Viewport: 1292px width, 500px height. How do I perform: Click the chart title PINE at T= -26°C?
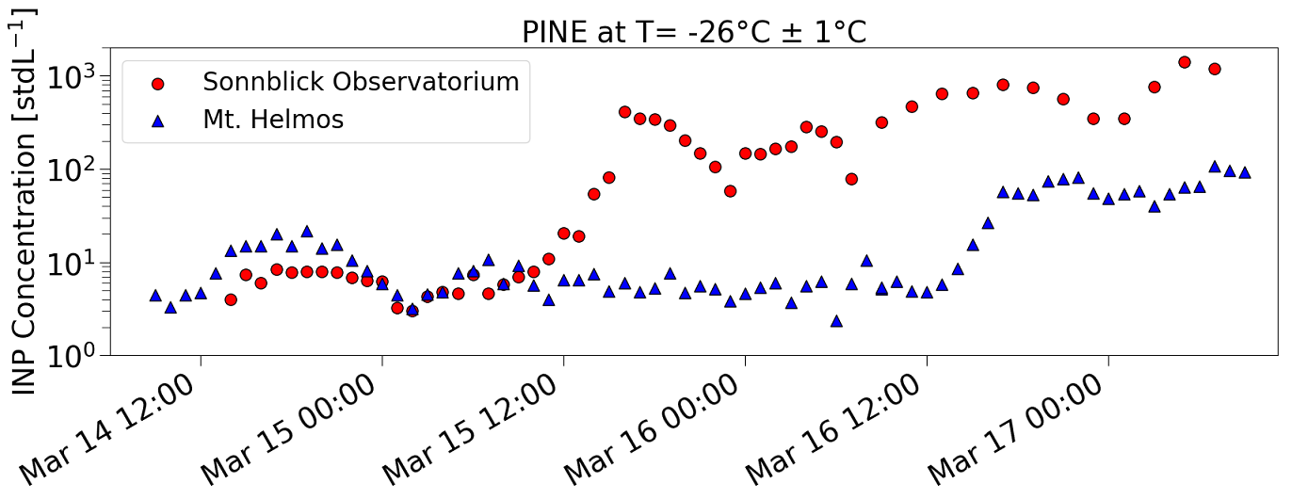pos(694,32)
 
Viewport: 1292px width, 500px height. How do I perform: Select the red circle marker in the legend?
pos(158,84)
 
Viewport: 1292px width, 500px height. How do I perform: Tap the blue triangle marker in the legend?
pos(158,121)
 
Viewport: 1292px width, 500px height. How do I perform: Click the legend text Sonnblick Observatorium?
pos(361,82)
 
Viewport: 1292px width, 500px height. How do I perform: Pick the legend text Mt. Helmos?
pos(273,120)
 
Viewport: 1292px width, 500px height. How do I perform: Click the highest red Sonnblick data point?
pos(1185,62)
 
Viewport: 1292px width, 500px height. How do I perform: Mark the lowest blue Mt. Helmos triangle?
pos(836,321)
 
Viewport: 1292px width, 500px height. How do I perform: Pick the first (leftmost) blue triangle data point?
pos(155,295)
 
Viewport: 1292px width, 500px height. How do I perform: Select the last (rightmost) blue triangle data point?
pos(1245,172)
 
